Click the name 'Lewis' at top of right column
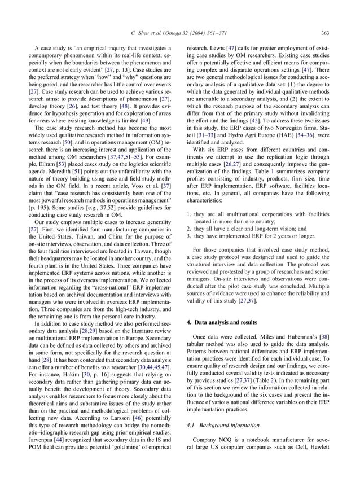click(215, 50)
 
